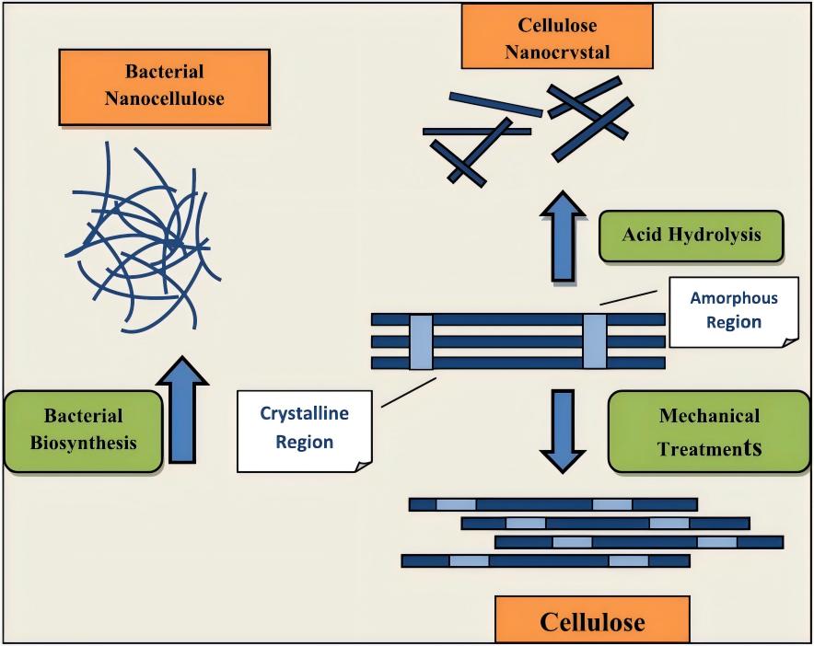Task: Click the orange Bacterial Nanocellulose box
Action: (165, 86)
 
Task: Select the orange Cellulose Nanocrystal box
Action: (557, 37)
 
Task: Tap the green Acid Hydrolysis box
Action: (691, 236)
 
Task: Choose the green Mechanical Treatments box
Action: (708, 431)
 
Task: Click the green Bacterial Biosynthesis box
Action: (83, 431)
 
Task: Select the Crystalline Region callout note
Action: (304, 429)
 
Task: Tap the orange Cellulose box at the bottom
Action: (592, 620)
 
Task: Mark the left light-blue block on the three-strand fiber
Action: (421, 340)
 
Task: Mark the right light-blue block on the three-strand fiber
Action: (594, 340)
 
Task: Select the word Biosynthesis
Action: (83, 443)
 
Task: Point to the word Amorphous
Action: (734, 299)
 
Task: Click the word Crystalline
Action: (304, 414)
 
